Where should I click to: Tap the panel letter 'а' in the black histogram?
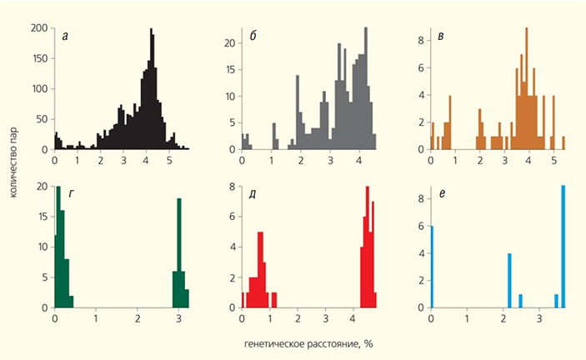[65, 34]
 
